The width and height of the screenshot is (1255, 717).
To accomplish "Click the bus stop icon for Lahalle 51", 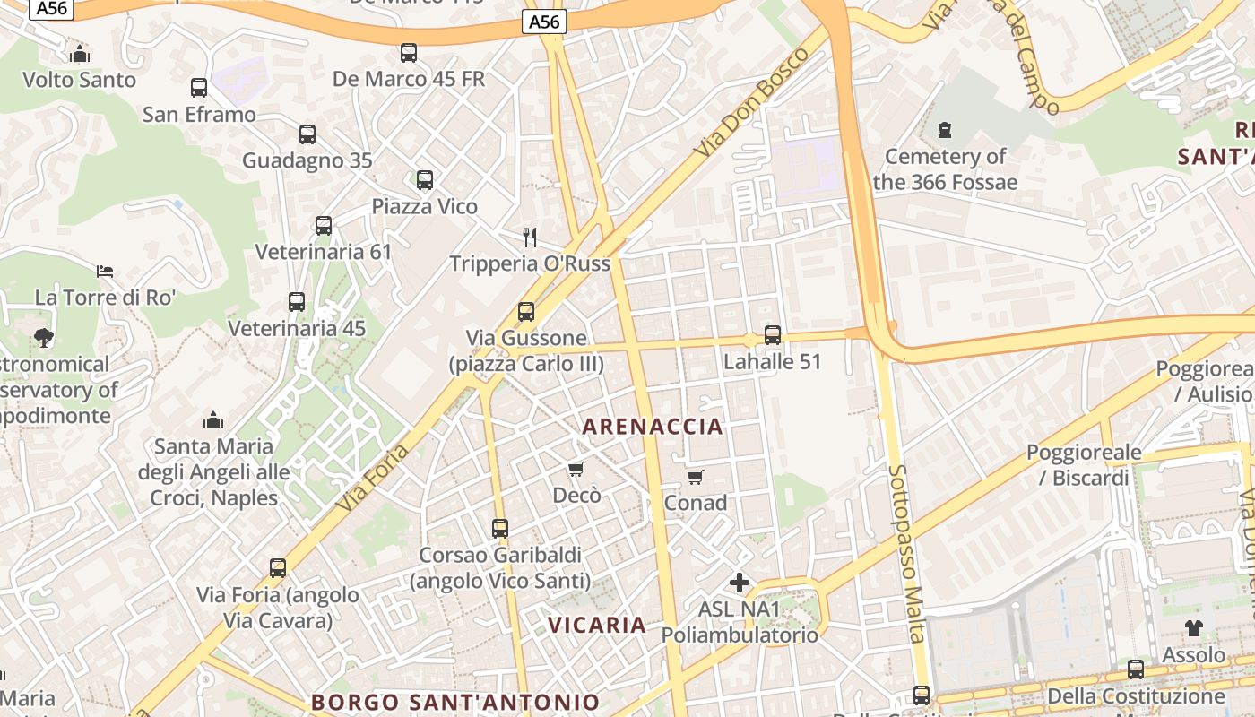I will tap(773, 335).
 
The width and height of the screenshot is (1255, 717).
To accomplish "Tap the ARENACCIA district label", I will tap(653, 427).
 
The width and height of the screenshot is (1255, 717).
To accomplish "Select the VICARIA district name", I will tap(597, 625).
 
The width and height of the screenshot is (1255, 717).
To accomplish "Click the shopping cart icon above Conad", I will tap(696, 477).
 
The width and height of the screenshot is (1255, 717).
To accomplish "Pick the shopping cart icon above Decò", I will tap(576, 469).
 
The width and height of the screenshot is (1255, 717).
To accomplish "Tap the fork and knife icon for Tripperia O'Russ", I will tap(530, 238).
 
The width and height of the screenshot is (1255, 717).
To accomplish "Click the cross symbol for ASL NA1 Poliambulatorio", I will tap(740, 583).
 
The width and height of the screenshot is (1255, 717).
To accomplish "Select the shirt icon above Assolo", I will tap(1193, 628).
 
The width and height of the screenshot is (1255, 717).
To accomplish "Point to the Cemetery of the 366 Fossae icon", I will tap(944, 131).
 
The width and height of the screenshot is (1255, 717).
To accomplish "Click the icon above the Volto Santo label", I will tap(80, 55).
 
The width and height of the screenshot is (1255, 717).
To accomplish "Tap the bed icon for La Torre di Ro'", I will tap(105, 271).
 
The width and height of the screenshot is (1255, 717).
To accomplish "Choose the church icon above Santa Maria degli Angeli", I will tap(213, 419).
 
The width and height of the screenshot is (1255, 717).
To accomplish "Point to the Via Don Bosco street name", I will tap(751, 103).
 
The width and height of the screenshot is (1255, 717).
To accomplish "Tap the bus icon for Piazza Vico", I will tap(425, 180).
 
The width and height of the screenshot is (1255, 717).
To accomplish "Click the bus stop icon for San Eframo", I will tap(199, 88).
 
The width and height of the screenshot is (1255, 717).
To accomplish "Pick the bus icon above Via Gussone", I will tap(526, 312).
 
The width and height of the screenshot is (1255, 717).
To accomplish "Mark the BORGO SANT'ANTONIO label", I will tap(455, 702).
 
